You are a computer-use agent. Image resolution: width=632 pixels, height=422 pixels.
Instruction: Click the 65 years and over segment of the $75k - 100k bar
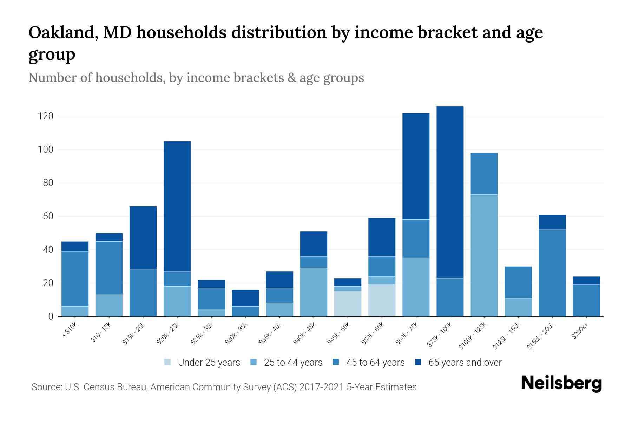pyautogui.click(x=450, y=192)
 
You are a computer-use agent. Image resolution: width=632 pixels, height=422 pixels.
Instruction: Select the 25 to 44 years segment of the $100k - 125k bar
pyautogui.click(x=484, y=255)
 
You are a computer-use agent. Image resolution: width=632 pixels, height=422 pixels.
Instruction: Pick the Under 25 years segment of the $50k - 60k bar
pyautogui.click(x=382, y=300)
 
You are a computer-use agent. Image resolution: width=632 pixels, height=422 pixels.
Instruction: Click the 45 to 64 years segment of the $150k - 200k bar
pyautogui.click(x=552, y=273)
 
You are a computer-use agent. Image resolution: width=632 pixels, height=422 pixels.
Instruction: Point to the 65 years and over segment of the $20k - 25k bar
pyautogui.click(x=177, y=206)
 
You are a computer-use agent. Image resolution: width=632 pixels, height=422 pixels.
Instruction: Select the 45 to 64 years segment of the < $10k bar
pyautogui.click(x=75, y=279)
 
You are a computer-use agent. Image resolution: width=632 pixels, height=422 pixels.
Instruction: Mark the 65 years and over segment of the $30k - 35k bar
pyautogui.click(x=245, y=298)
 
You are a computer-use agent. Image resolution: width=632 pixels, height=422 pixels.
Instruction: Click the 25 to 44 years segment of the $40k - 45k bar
pyautogui.click(x=314, y=292)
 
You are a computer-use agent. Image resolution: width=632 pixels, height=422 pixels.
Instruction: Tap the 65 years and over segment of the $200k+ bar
pyautogui.click(x=586, y=281)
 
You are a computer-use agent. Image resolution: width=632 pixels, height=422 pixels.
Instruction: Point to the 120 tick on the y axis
pyautogui.click(x=45, y=116)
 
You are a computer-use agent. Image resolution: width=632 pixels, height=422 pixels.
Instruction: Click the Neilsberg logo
pyautogui.click(x=561, y=383)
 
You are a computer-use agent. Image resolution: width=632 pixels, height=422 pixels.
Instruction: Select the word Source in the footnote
pyautogui.click(x=46, y=387)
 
